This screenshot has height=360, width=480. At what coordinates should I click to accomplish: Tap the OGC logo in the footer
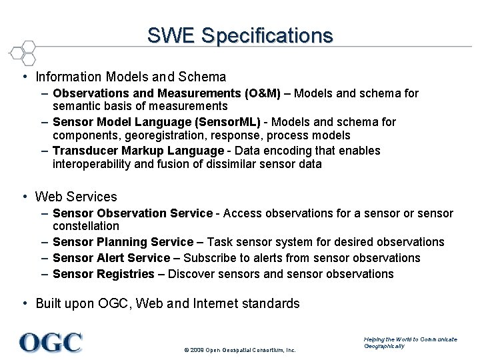click(51, 342)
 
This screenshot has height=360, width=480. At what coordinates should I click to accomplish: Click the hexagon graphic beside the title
click(23, 52)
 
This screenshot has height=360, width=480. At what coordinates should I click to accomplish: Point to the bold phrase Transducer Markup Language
click(138, 151)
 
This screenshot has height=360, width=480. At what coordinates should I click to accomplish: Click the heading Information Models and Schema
click(131, 77)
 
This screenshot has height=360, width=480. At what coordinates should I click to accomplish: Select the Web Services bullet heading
click(76, 197)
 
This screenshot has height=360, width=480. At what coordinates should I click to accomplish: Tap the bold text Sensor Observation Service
click(132, 213)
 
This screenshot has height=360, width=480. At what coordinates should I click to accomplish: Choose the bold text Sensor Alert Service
click(111, 258)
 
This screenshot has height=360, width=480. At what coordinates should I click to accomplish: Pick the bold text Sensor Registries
click(104, 274)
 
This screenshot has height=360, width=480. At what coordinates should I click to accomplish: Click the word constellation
click(85, 227)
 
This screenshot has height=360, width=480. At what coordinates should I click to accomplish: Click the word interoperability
click(92, 164)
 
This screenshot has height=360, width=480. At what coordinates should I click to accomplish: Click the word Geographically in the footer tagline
click(384, 346)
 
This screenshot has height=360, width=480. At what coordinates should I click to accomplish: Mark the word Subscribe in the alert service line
click(208, 258)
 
